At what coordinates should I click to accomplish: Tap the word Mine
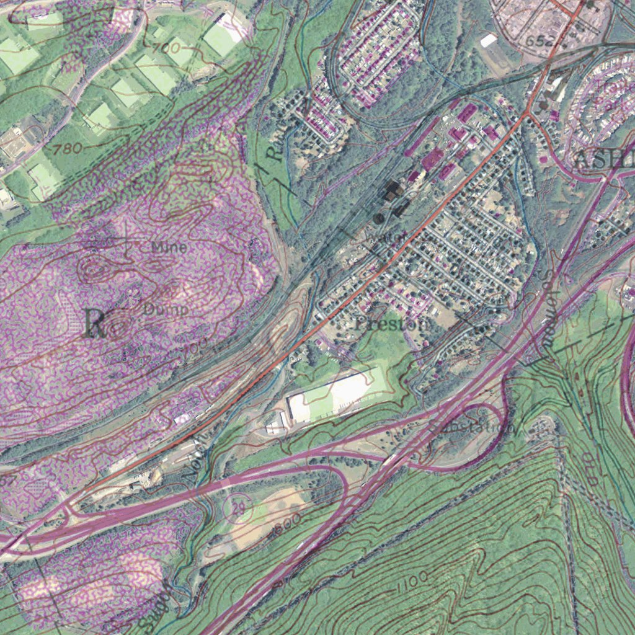click(x=169, y=247)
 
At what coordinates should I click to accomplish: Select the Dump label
click(x=166, y=308)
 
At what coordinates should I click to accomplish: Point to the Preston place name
click(x=392, y=323)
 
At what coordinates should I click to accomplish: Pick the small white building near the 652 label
click(x=488, y=41)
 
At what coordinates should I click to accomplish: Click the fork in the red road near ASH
click(x=526, y=114)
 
